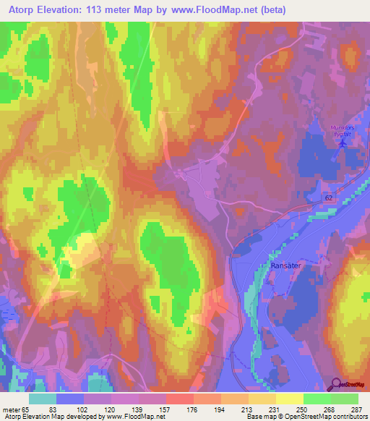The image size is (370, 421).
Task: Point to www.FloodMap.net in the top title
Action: [218, 10]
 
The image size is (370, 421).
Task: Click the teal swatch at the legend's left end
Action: [43, 399]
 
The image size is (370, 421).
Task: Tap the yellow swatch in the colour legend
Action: [289, 399]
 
